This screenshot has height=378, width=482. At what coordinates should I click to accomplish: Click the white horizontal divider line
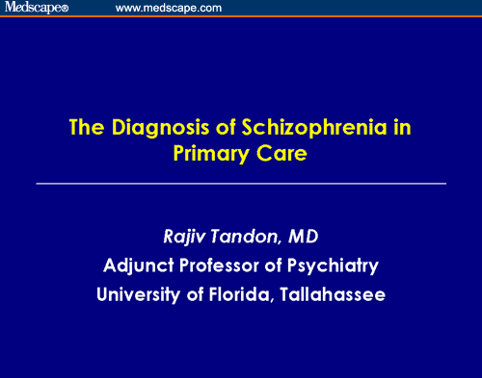[x=241, y=182]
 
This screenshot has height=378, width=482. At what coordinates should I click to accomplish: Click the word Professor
[x=231, y=265]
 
